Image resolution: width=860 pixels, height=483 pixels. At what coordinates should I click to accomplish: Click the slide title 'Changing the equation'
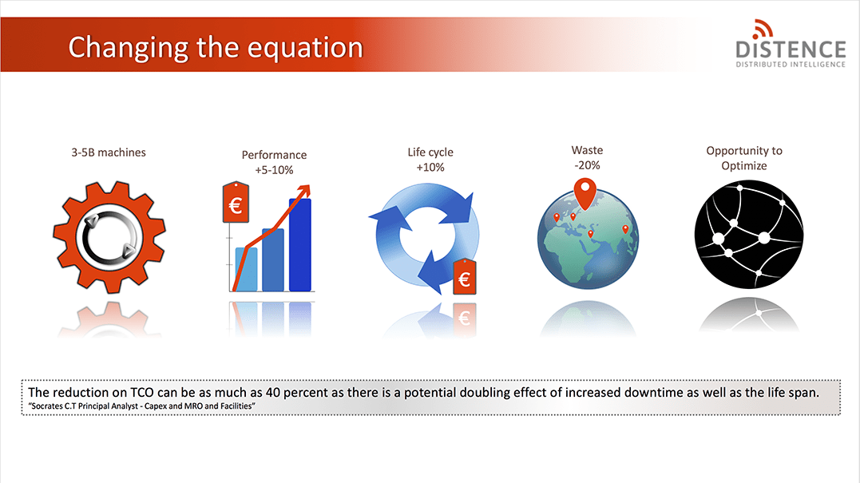(x=216, y=48)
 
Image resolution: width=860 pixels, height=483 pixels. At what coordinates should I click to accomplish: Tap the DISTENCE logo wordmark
(x=791, y=49)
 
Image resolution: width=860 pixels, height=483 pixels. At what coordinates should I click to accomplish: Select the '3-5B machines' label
(x=109, y=152)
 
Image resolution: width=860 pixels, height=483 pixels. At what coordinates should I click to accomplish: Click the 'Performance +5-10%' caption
(x=274, y=162)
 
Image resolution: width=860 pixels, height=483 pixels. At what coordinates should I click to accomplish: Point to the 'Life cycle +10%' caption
(x=430, y=160)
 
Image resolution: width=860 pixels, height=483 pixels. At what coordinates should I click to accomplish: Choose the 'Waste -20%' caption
(x=587, y=157)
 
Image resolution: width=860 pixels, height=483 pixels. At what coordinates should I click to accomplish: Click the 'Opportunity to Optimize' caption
(x=744, y=158)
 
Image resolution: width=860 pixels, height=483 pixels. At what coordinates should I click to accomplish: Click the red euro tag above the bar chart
(x=236, y=203)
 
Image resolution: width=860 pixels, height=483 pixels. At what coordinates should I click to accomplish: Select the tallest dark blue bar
(x=300, y=244)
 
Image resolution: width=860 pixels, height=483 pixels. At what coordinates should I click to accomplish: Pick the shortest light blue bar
(x=246, y=269)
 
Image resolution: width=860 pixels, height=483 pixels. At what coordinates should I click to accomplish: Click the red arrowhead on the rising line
(x=304, y=192)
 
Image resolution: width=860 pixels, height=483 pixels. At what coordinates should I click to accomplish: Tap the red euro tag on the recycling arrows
(x=465, y=277)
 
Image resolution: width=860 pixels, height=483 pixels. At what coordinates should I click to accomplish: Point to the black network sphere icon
(x=749, y=235)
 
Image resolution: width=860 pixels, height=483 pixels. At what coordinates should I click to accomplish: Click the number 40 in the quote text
(x=272, y=393)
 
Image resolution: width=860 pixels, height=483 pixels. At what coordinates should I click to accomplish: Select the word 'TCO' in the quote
(x=142, y=393)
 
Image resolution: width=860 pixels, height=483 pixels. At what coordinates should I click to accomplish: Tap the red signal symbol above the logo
(x=763, y=29)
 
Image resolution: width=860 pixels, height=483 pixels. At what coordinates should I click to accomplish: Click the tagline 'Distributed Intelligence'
(x=791, y=65)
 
